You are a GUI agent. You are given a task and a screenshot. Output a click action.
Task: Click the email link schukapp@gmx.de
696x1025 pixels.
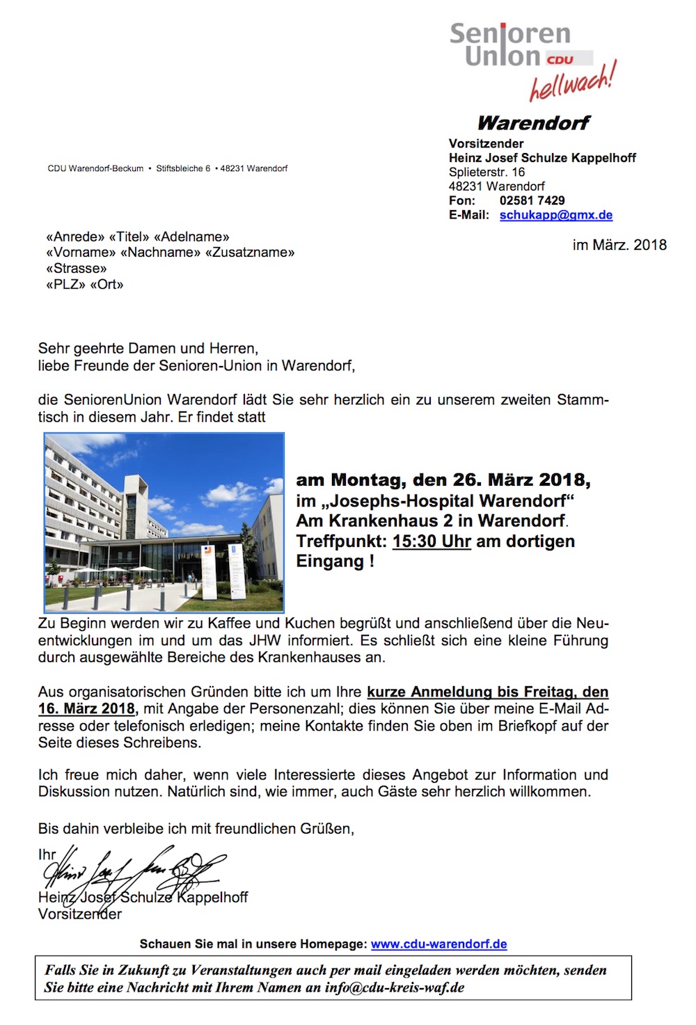(555, 215)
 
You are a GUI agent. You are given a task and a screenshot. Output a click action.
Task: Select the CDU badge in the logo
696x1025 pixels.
(560, 60)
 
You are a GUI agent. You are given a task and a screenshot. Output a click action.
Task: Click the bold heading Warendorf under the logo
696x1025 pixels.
(533, 123)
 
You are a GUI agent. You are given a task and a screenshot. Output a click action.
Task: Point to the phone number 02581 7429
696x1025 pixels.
(532, 200)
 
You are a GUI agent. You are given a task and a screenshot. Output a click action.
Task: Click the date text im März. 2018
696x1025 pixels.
(619, 245)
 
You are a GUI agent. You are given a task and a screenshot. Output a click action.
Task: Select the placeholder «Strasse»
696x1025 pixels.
(77, 269)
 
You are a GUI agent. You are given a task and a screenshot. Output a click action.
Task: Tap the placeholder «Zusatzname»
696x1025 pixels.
(250, 253)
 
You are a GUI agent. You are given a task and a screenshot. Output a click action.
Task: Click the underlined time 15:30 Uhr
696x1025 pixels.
(432, 541)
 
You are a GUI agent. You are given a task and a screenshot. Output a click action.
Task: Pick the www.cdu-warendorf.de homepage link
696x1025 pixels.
(438, 944)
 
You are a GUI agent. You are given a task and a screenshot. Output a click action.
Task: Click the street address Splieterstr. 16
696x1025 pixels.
(487, 172)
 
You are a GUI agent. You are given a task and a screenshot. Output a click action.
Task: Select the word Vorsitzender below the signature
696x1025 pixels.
(80, 914)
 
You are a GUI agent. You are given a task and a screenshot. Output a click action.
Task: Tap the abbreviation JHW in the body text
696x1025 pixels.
(269, 640)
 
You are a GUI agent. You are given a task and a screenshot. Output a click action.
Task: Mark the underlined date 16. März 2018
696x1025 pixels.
(87, 709)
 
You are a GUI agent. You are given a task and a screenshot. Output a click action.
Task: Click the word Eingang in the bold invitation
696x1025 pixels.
(330, 562)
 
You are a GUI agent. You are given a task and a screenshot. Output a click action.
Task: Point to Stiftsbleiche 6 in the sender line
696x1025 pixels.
(183, 168)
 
